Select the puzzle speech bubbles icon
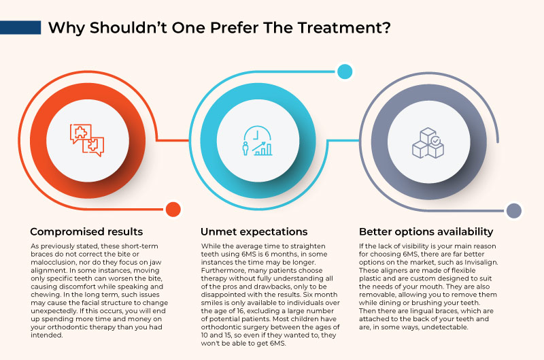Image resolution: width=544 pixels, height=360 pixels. (88, 140)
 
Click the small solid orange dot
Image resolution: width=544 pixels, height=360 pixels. (173, 210)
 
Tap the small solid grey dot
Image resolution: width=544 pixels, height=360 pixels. (514, 210)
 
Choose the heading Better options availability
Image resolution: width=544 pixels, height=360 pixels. (426, 231)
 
